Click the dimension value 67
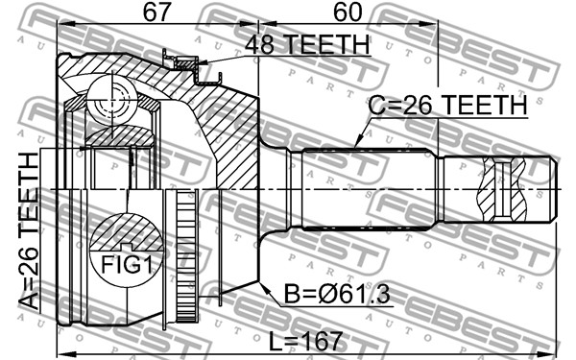[x=157, y=12]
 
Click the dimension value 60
[x=348, y=12]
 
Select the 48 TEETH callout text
[x=307, y=44]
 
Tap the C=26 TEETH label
[x=447, y=105]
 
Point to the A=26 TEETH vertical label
[x=28, y=230]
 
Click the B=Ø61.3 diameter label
[x=337, y=294]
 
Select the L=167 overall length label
[x=305, y=341]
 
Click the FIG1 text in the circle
[x=127, y=265]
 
